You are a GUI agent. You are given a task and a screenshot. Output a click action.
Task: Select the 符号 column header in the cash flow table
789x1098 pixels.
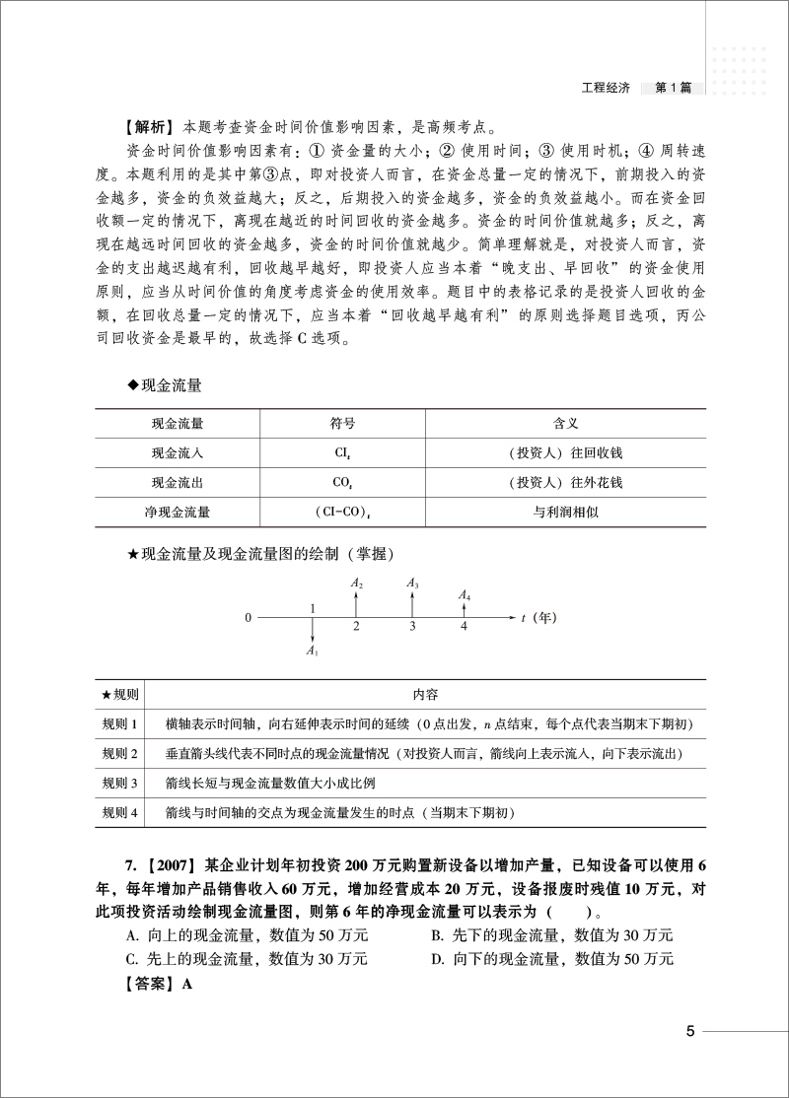[x=342, y=424]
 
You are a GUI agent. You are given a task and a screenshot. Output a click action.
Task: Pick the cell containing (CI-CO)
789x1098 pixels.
[x=342, y=513]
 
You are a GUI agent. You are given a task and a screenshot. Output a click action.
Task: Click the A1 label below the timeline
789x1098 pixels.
[x=312, y=651]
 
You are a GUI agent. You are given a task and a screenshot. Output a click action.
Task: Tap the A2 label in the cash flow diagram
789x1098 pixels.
[x=357, y=584]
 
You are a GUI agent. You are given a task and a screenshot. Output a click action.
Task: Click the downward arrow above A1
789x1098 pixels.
[x=312, y=630]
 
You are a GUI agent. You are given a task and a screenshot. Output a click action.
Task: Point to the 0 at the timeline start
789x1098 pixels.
[x=249, y=617]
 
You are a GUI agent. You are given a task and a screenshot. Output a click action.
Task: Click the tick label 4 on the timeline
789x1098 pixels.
[x=465, y=626]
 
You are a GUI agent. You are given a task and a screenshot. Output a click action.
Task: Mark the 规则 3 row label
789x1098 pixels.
[x=123, y=784]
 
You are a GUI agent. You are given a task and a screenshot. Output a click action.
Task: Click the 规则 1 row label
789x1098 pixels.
[x=123, y=724]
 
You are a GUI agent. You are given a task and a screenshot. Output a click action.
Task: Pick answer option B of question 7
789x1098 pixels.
[x=552, y=933]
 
